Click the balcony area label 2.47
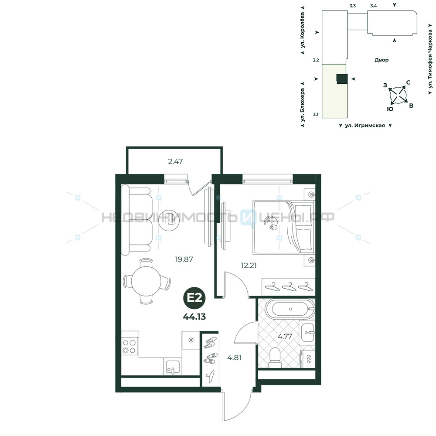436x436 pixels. pos(175,161)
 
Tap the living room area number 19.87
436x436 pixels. pos(184,259)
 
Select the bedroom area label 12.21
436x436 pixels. pos(249,265)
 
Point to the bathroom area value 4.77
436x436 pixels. pos(285,336)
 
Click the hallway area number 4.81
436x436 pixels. pos(234,358)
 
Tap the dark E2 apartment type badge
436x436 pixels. pos(194,298)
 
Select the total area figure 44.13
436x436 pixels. pos(194,317)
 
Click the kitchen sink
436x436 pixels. pos(173,367)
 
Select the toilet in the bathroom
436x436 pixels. pos(276,358)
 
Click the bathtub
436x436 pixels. pos(290,309)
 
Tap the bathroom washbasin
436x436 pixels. pos(307,332)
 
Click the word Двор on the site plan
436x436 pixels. pos(381,60)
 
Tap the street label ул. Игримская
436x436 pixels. pos(365,126)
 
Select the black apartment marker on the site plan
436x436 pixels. pos(342,78)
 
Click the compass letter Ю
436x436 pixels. pos(390,109)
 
